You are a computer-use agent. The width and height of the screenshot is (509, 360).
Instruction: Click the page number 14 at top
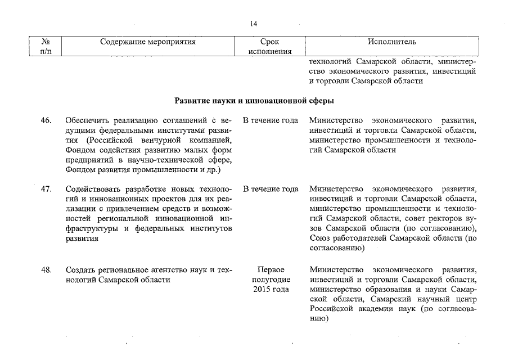point(254,24)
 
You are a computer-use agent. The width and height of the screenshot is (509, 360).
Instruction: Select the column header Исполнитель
point(391,42)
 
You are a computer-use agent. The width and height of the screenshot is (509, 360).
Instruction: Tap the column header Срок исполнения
point(270,47)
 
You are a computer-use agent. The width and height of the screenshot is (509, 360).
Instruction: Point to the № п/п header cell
point(43,47)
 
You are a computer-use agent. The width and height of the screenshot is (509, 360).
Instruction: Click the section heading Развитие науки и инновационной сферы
point(254,102)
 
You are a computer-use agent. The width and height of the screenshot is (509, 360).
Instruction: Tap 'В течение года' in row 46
point(271,121)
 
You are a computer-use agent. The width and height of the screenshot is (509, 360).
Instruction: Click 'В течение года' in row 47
point(271,188)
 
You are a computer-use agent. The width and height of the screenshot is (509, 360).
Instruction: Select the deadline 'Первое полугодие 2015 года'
point(271,280)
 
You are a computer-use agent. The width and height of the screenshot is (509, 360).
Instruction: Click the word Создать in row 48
point(81,270)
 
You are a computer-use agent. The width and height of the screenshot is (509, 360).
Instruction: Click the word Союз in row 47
point(320,238)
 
